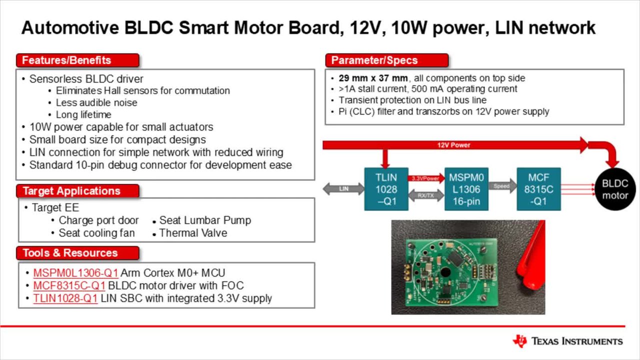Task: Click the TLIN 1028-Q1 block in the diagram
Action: pyautogui.click(x=386, y=189)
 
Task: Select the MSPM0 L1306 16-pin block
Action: pyautogui.click(x=466, y=189)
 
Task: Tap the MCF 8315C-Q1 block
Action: pyautogui.click(x=538, y=189)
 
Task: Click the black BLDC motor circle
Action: pyautogui.click(x=615, y=189)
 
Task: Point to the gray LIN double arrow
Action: pyautogui.click(x=343, y=189)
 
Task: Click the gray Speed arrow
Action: pyautogui.click(x=502, y=186)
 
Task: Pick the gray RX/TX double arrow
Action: pyautogui.click(x=426, y=195)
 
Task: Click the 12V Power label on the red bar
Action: pyautogui.click(x=453, y=145)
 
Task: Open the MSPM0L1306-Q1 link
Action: pyautogui.click(x=75, y=273)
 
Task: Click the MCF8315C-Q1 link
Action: pyautogui.click(x=69, y=285)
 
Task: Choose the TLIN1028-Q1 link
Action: pyautogui.click(x=65, y=298)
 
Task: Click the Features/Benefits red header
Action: pyautogui.click(x=77, y=60)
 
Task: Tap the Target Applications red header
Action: pyautogui.click(x=77, y=191)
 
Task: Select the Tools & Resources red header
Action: pyautogui.click(x=77, y=253)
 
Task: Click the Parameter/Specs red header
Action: pyautogui.click(x=387, y=60)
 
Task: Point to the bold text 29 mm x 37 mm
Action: pyautogui.click(x=373, y=78)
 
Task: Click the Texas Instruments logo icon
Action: pyautogui.click(x=519, y=341)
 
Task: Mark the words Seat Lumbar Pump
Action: pyautogui.click(x=205, y=220)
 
